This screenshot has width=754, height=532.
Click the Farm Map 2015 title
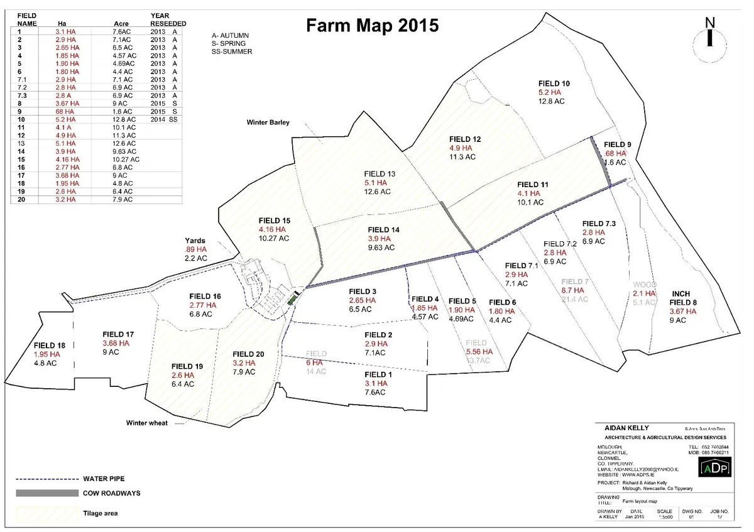point(372,26)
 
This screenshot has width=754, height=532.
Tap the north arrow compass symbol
point(709,38)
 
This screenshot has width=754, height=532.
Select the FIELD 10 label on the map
point(554,83)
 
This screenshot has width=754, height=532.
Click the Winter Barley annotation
point(268,122)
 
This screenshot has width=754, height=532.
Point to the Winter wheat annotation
point(146,423)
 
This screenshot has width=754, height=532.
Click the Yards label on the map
point(195,241)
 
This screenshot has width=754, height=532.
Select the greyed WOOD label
point(644,285)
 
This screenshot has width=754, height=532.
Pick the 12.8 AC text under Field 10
point(552,101)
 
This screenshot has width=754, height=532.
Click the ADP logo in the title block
point(714,468)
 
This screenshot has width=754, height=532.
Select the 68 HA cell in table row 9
point(65,111)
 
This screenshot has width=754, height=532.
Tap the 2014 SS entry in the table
point(165,119)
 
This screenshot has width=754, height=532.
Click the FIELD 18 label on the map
point(50,345)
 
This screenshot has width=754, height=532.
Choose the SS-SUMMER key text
point(232,52)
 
